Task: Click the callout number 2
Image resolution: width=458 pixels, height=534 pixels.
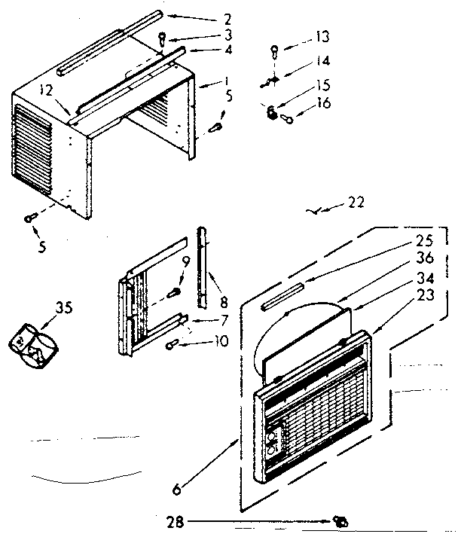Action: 206,17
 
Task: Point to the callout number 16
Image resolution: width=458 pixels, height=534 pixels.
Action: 324,104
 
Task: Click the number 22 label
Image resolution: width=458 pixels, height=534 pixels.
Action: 356,203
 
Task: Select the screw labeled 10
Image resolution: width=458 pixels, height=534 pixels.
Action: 173,345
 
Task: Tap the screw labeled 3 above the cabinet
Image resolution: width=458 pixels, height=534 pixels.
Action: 163,39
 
